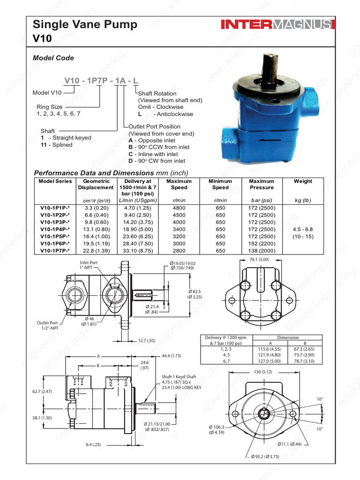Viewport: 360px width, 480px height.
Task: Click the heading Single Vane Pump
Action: pyautogui.click(x=85, y=25)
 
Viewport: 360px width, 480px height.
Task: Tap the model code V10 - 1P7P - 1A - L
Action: pyautogui.click(x=101, y=81)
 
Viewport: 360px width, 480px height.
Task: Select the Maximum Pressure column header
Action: pyautogui.click(x=262, y=184)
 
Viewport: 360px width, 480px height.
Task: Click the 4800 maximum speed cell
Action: pyautogui.click(x=179, y=208)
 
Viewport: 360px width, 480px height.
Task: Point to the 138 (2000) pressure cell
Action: pyautogui.click(x=262, y=251)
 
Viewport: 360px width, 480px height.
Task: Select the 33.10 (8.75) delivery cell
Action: pyautogui.click(x=137, y=251)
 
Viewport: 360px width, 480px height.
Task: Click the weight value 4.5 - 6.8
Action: pyautogui.click(x=302, y=230)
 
